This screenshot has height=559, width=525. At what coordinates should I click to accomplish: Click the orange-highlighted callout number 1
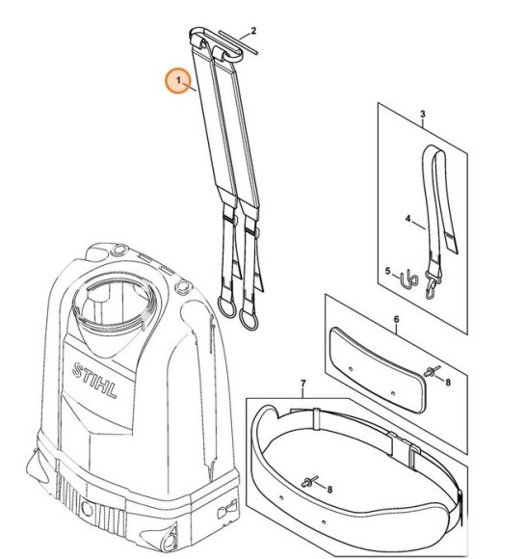tap(178, 80)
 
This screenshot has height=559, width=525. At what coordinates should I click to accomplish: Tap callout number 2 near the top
tap(253, 31)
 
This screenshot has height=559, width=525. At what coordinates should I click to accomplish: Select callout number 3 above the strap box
tap(423, 115)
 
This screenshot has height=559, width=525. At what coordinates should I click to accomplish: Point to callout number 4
tap(408, 219)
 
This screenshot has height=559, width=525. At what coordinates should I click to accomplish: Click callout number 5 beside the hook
tap(388, 271)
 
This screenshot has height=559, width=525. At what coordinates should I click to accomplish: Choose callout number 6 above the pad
tap(396, 320)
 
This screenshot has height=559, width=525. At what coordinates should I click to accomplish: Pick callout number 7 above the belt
tap(303, 384)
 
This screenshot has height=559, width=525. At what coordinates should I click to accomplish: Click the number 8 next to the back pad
tap(448, 383)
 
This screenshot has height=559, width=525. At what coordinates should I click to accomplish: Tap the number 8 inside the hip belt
tap(329, 490)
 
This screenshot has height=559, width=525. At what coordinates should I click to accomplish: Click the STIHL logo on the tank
tap(94, 381)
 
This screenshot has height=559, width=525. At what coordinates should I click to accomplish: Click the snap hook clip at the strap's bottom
tap(432, 286)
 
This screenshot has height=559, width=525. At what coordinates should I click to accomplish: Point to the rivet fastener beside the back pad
tap(432, 371)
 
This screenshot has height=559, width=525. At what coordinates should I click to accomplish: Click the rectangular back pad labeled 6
tap(377, 370)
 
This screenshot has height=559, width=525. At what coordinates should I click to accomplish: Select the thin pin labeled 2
tap(239, 42)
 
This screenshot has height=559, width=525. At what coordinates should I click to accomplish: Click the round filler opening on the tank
tap(115, 299)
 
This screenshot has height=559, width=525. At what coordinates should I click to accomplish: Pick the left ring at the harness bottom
tap(226, 306)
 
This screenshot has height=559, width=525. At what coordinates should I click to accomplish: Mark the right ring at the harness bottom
tap(249, 319)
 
